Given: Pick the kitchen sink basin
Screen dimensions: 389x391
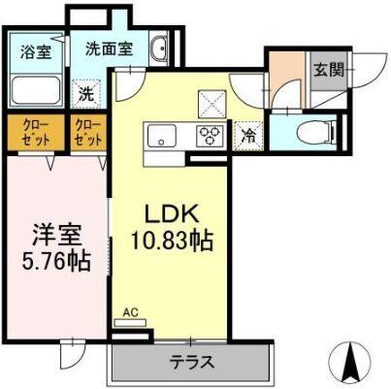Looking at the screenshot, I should point(159,136).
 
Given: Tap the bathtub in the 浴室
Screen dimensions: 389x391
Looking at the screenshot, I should point(37,93).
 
